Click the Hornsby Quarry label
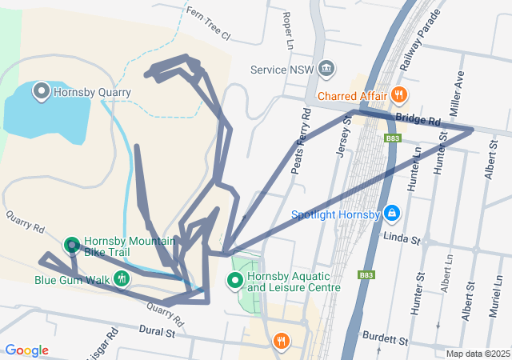[92, 92]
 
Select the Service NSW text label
[280, 70]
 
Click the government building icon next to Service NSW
[326, 69]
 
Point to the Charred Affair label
[352, 97]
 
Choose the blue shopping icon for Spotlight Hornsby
[392, 214]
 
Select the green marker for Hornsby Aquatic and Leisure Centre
[235, 280]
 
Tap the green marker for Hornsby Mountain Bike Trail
[72, 245]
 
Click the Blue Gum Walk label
[71, 280]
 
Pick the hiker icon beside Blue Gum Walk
[122, 279]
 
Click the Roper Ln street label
[286, 28]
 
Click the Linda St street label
[402, 238]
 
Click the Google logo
[26, 350]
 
